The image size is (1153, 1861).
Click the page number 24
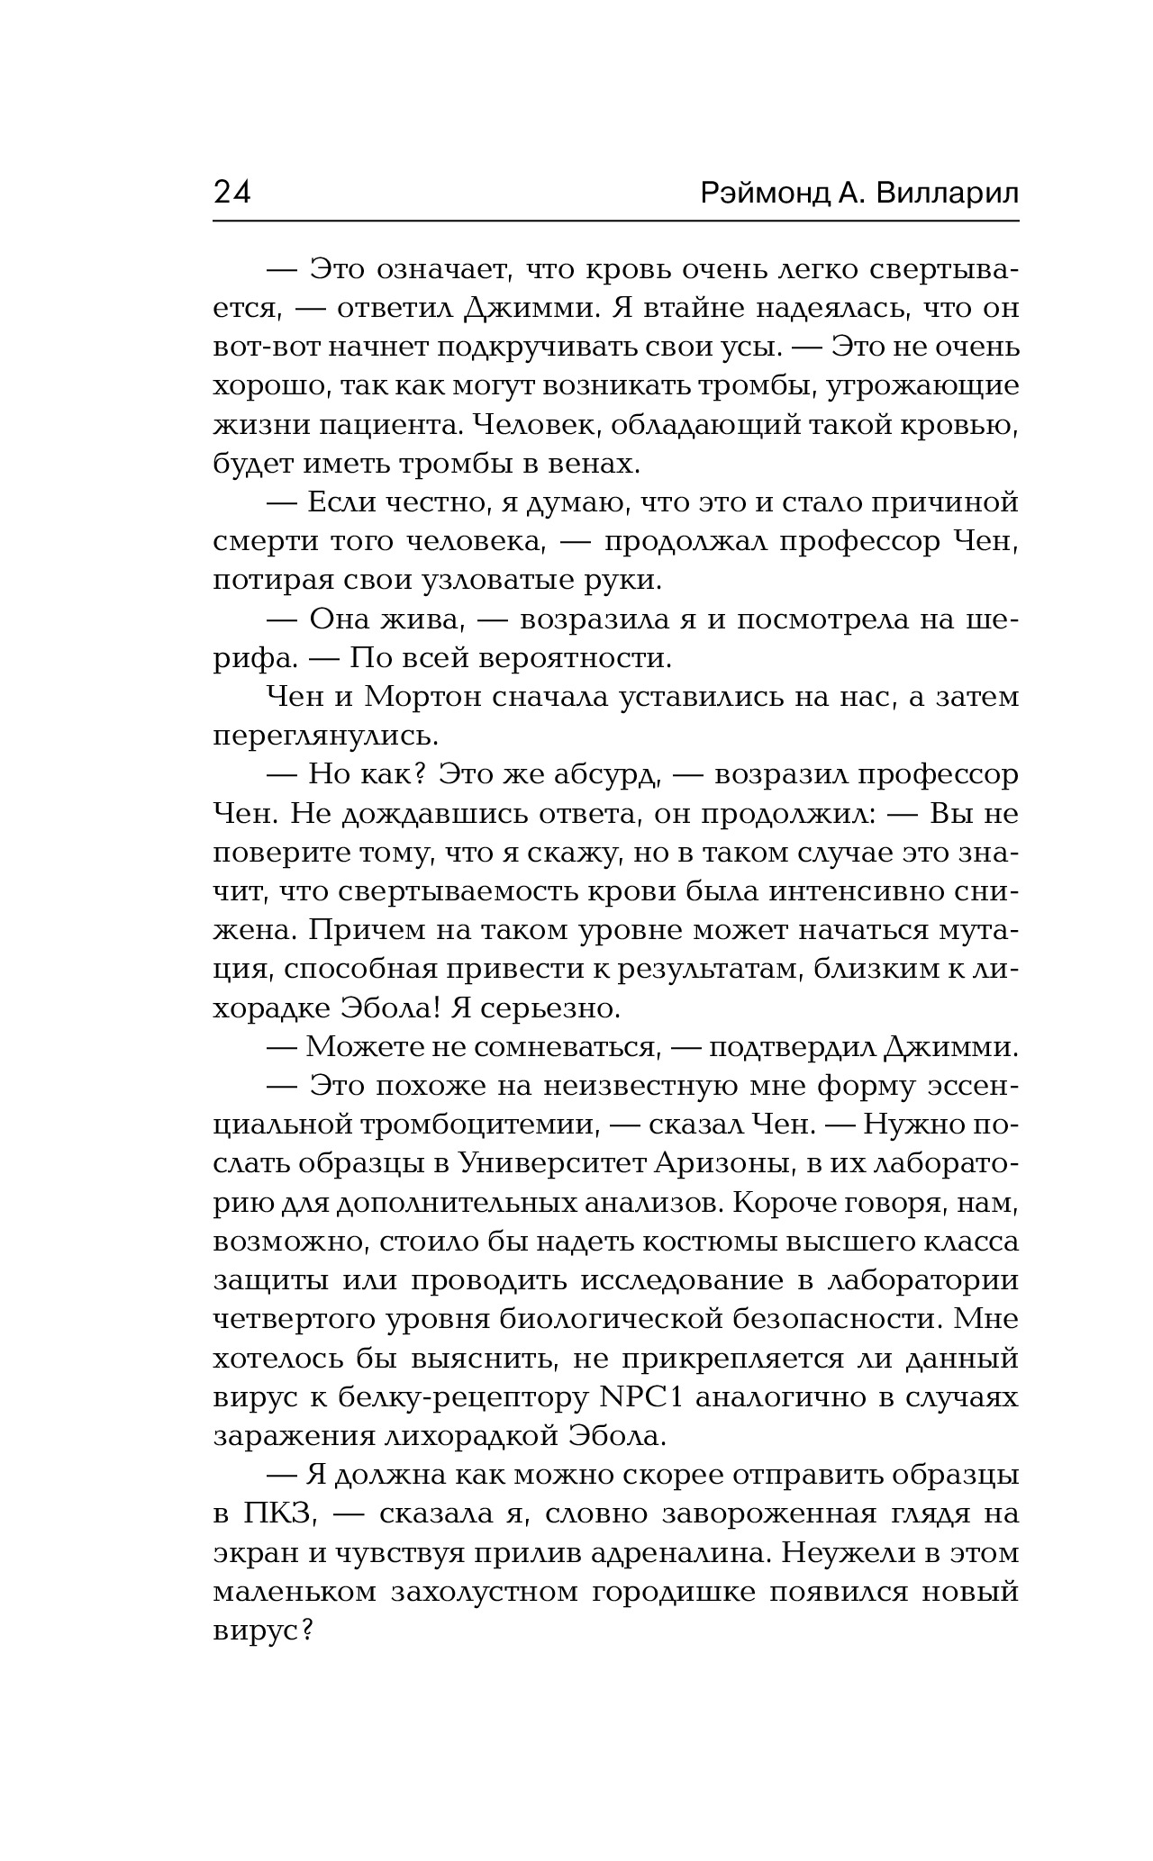[232, 194]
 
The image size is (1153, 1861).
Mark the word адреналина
[681, 1553]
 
